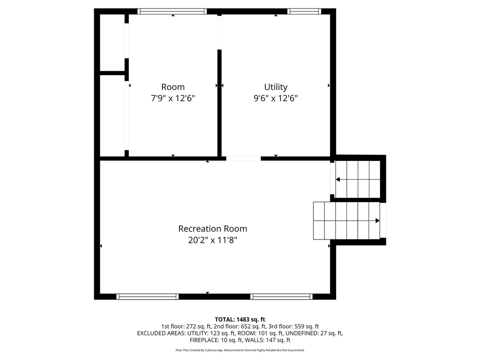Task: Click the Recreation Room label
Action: (x=212, y=229)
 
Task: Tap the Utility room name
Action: (x=276, y=87)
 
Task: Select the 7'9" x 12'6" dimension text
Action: (x=173, y=98)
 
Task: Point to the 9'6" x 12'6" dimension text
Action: (x=276, y=98)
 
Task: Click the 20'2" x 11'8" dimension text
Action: (x=212, y=240)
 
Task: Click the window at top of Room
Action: (x=172, y=11)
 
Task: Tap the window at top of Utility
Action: (x=304, y=11)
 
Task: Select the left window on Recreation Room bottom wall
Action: (x=148, y=296)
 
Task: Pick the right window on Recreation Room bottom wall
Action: (x=281, y=296)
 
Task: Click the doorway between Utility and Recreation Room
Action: (x=243, y=158)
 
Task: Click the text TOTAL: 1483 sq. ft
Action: (x=240, y=319)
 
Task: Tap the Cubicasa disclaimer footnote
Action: (x=240, y=350)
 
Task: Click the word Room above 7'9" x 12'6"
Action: (x=173, y=87)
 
